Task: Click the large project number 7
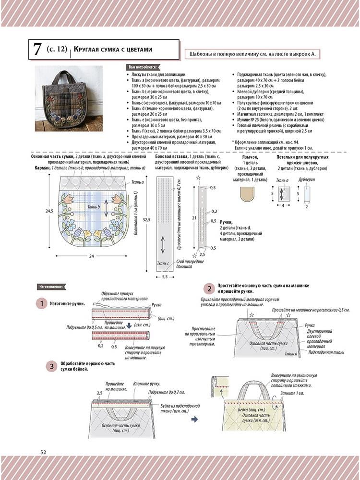[x=36, y=49]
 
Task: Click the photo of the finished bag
[x=68, y=98]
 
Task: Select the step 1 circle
[x=42, y=304]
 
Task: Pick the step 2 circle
[x=209, y=288]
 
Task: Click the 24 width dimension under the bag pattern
[x=91, y=256]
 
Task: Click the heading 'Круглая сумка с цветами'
[x=113, y=49]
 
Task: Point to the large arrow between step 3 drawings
[x=195, y=419]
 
